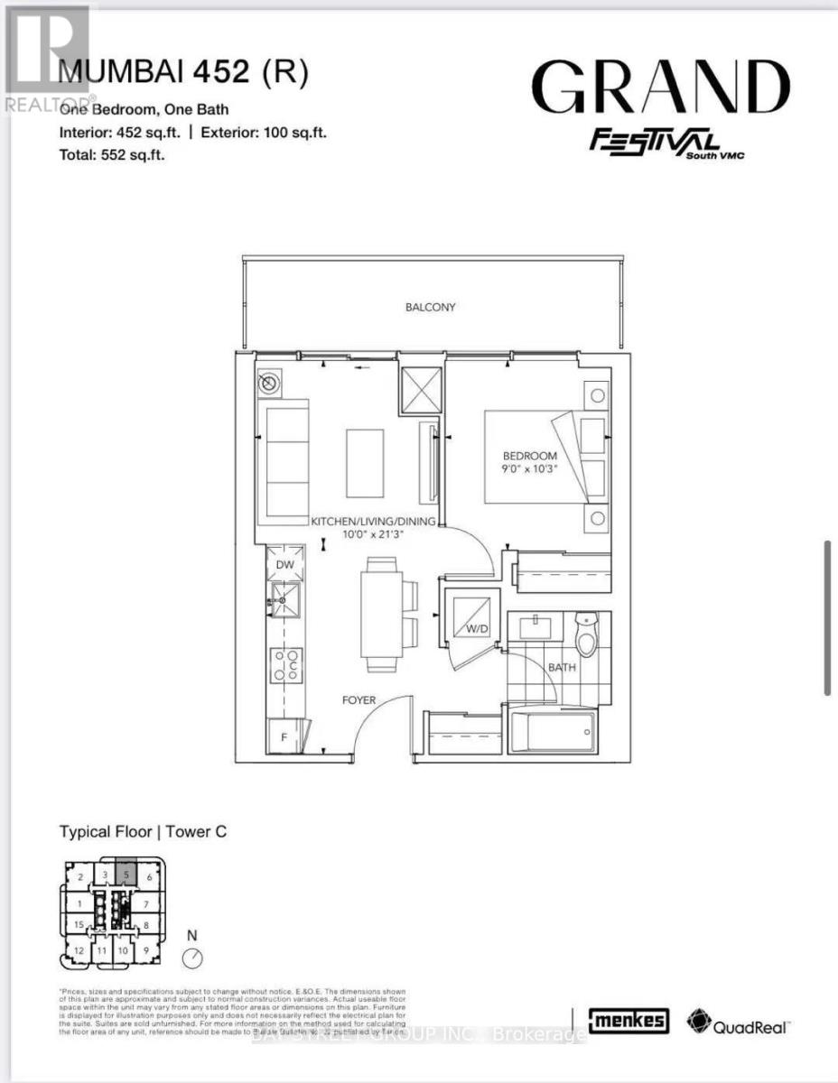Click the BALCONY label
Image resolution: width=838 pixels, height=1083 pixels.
[430, 307]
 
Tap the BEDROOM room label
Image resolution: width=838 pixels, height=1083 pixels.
[531, 456]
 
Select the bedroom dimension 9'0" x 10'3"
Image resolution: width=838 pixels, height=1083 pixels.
[531, 470]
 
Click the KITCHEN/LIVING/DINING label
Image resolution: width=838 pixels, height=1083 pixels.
[374, 522]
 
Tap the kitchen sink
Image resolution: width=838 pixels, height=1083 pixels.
[287, 597]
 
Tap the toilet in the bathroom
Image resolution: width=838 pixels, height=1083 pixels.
[588, 633]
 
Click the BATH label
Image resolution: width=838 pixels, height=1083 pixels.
[563, 669]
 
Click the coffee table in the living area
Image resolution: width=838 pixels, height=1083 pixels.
[365, 463]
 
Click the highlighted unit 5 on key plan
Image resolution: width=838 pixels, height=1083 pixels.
[127, 875]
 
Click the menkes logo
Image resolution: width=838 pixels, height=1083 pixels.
[629, 1021]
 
